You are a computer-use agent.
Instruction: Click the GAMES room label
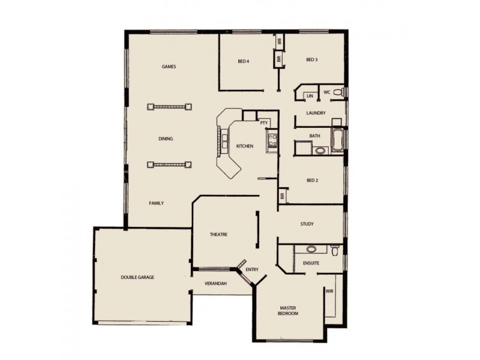click(169, 67)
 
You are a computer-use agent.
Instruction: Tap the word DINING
click(166, 139)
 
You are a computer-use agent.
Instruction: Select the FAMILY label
click(156, 203)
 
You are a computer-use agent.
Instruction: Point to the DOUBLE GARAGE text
click(137, 278)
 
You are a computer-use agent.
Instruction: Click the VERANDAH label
click(215, 283)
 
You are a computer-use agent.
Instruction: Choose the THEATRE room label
click(218, 235)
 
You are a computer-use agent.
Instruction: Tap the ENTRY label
click(252, 270)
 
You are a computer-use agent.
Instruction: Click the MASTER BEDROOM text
click(289, 311)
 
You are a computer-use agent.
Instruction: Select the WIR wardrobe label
click(329, 292)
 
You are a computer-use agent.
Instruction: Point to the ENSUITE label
click(311, 263)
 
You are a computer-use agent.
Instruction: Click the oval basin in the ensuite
click(311, 248)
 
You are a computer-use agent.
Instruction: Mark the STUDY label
click(307, 224)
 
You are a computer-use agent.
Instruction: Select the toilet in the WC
click(338, 92)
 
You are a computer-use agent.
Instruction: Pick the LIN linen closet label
click(310, 96)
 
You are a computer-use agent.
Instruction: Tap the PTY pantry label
click(263, 122)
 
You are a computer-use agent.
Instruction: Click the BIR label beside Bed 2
click(281, 196)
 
